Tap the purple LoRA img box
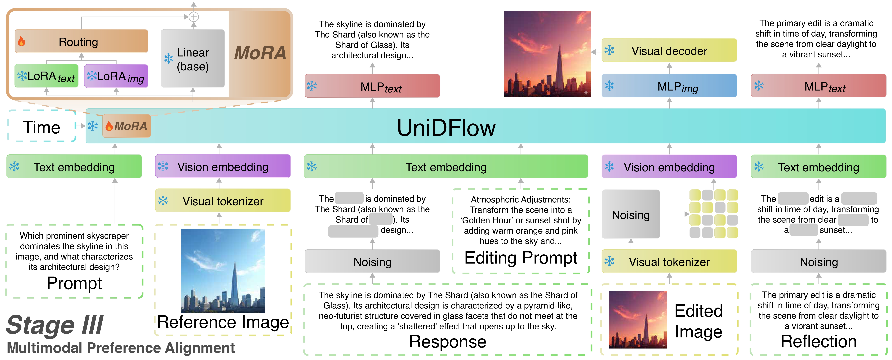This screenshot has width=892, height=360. coord(116,76)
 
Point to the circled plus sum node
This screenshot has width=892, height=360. coord(194,17)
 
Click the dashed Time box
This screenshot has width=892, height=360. coord(42,127)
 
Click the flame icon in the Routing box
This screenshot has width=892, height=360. coord(21,42)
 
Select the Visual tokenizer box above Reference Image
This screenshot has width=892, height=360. coord(223,201)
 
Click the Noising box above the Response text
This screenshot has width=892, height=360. coord(372,262)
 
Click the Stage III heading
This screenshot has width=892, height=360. coord(55,325)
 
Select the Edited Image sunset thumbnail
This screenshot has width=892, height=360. coord(638,319)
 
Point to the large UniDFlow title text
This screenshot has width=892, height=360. coord(446,127)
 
